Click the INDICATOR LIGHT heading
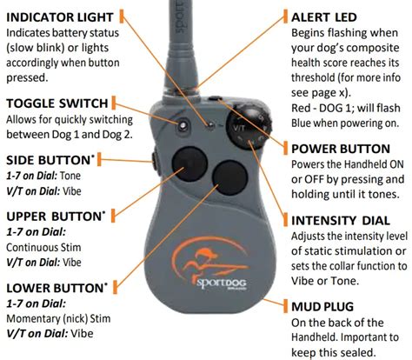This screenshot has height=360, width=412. pos(60,17)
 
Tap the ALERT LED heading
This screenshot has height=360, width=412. pos(324,17)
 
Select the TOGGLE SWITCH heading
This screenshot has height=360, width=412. pos(57,103)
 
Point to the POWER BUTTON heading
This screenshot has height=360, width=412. pos(341,149)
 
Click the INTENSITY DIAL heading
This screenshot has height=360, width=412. pos(341,221)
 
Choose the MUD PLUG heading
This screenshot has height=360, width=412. pos(322,306)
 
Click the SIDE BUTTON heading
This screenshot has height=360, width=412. pos(50,160)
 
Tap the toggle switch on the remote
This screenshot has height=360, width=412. pos(183,126)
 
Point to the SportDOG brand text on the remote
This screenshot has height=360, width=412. pos(222,283)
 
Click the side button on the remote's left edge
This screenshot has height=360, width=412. pos(155,162)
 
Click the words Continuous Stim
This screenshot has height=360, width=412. pos(43,248)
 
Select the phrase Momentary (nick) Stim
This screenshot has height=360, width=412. pos(58,318)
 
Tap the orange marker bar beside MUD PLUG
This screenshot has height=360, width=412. pos(286,306)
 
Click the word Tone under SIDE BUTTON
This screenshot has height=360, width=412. pos(71,176)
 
